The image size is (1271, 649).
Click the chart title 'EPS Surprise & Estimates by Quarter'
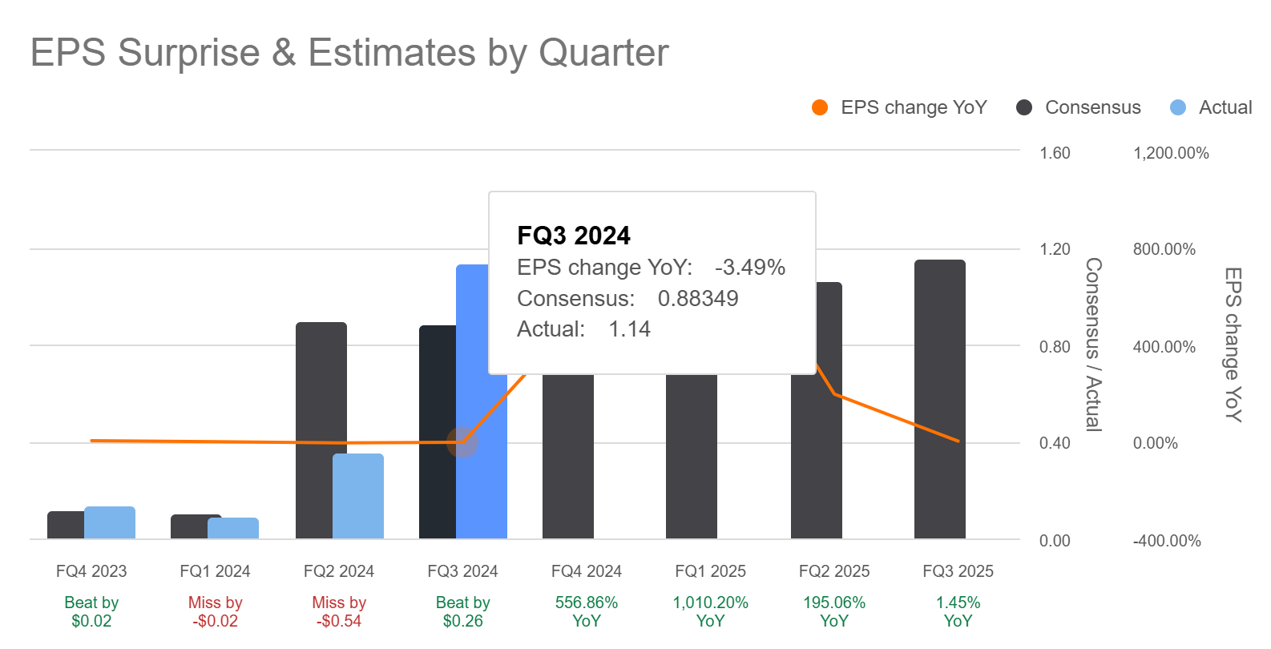[349, 53]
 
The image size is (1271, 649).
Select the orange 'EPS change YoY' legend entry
[899, 107]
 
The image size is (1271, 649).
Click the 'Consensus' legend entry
[1079, 107]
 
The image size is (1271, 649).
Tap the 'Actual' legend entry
[1211, 107]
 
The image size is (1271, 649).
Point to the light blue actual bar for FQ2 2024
[358, 496]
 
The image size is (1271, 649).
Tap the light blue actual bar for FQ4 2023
[110, 522]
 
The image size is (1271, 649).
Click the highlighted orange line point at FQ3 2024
[462, 441]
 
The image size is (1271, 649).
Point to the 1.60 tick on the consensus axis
[1055, 153]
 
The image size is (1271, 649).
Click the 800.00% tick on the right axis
[1164, 249]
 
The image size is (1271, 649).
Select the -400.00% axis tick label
[1166, 541]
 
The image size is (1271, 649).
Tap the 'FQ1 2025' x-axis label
[710, 571]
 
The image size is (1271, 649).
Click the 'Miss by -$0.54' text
[339, 611]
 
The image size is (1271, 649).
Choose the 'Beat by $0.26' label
[462, 611]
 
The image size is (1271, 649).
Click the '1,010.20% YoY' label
[710, 611]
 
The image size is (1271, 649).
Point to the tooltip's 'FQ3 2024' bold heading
[574, 236]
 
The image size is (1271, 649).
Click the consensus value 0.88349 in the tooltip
[698, 298]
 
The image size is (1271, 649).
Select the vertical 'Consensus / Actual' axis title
[1093, 345]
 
